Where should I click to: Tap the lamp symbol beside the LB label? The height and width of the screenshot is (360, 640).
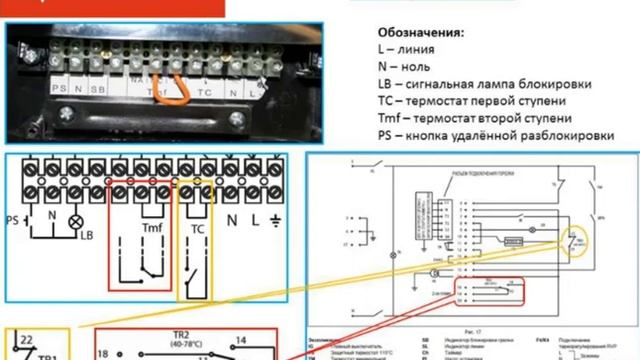(72, 219)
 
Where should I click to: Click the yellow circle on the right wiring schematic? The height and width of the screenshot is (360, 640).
(572, 240)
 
